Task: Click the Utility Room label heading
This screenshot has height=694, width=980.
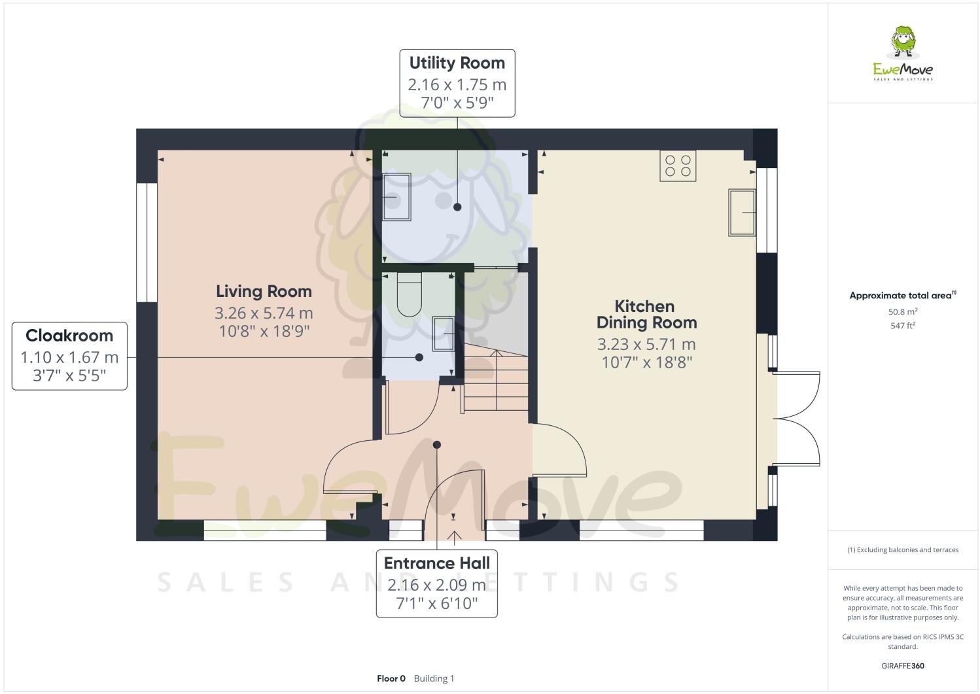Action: (457, 63)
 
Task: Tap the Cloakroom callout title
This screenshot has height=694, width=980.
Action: (69, 336)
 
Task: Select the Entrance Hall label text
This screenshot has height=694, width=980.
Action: (436, 563)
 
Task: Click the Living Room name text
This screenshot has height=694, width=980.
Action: (264, 291)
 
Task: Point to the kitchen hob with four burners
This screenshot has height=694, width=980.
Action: (678, 165)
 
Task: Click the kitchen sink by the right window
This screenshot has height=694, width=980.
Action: (742, 213)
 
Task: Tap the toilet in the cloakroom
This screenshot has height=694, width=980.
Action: (410, 294)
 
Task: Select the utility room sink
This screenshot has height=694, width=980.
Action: (396, 196)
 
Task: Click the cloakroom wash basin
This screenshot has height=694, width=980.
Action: (444, 334)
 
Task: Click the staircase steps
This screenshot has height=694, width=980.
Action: (495, 383)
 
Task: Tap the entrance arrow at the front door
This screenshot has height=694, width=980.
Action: (454, 536)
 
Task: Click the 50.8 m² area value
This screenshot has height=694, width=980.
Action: (903, 311)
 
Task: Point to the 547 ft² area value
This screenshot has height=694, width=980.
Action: (903, 325)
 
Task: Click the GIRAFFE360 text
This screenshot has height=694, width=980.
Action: (903, 666)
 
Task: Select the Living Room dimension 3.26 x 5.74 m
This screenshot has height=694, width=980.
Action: (264, 313)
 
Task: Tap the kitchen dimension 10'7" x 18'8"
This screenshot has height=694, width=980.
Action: (646, 362)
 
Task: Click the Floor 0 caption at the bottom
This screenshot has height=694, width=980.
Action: (391, 678)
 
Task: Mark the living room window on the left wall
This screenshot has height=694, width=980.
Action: (147, 242)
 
